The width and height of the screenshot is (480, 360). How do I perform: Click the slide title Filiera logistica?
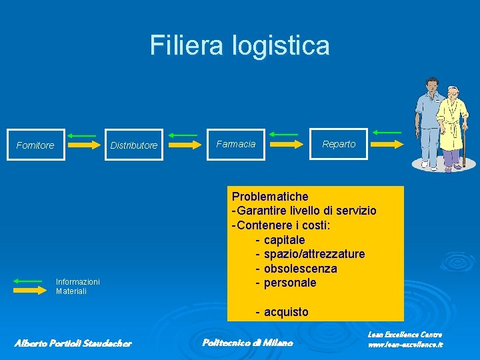239,45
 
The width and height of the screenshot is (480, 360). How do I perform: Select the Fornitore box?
35,145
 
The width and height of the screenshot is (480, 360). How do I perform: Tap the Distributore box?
134,145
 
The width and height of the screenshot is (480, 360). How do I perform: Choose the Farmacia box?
236,144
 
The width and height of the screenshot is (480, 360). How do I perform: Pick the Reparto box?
339,144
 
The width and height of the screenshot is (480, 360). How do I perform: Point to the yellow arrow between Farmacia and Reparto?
285,144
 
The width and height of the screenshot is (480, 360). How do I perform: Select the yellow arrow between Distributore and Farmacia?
185,144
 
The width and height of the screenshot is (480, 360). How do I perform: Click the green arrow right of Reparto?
387,133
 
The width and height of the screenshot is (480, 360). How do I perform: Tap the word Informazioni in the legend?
77,282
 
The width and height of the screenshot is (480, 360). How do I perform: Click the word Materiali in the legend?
71,291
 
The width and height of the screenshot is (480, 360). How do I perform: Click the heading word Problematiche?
270,197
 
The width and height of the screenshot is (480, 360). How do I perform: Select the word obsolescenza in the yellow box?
300,269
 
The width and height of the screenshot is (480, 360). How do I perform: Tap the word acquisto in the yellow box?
286,312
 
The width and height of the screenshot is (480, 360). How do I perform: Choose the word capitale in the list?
284,239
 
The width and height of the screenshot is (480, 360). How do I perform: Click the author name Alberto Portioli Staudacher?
73,343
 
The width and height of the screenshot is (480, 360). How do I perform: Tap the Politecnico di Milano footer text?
247,343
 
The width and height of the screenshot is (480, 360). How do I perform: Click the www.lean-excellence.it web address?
405,345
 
